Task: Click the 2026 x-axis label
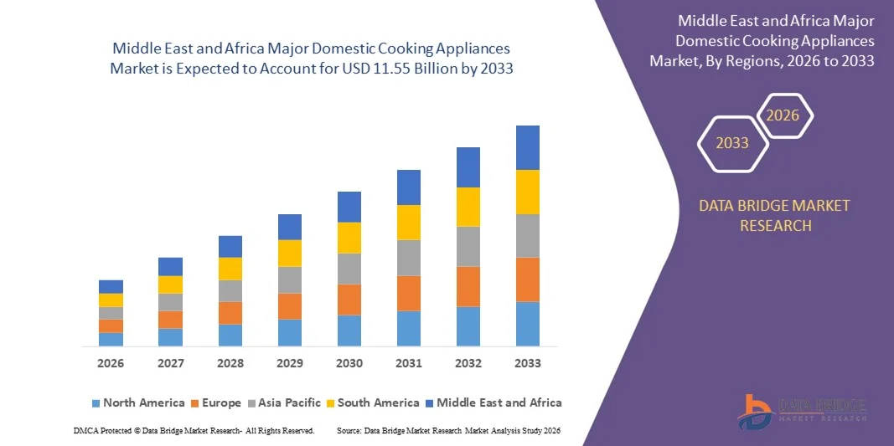[111, 363]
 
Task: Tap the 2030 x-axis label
[349, 363]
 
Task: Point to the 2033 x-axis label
[528, 363]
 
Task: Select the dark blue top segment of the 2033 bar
[528, 147]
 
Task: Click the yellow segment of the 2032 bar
[468, 207]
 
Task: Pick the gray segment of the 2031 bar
[409, 258]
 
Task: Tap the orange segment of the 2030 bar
[349, 300]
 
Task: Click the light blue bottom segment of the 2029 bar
[290, 332]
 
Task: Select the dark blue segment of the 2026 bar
[111, 286]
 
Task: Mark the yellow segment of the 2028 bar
[230, 269]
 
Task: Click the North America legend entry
[137, 402]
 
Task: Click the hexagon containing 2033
[732, 143]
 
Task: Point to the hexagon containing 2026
[783, 115]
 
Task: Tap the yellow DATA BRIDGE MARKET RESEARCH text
[774, 215]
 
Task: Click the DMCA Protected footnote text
[194, 430]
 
